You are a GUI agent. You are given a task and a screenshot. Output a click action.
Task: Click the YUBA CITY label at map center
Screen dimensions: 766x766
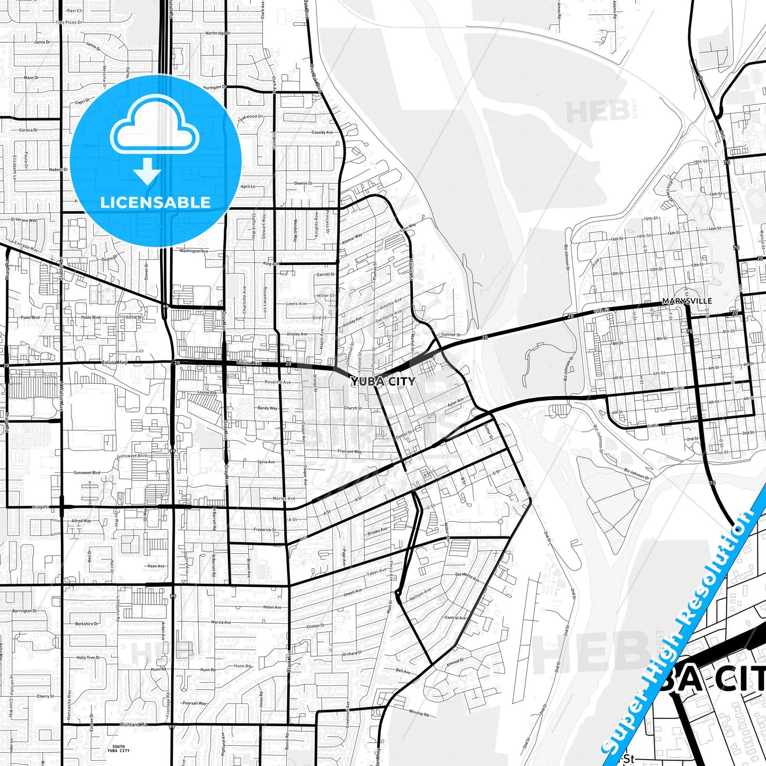point(383,381)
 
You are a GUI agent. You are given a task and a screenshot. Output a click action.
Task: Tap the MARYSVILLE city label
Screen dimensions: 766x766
point(686,301)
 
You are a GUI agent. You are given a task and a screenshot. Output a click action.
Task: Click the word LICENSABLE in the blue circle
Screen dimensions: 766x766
point(155,202)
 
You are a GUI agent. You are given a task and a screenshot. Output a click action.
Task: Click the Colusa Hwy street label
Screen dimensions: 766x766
point(115,363)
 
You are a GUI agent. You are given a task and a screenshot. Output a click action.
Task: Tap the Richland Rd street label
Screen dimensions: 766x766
point(133,724)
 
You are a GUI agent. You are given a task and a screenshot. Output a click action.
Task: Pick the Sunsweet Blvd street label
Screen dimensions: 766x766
point(131,456)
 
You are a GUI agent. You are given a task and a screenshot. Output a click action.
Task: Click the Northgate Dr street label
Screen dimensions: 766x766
point(214,87)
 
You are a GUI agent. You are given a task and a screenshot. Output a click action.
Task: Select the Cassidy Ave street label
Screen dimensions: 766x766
point(322,133)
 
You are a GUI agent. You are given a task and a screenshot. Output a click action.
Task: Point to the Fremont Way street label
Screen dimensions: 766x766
point(349,452)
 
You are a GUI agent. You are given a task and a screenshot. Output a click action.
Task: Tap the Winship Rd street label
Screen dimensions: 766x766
point(419,713)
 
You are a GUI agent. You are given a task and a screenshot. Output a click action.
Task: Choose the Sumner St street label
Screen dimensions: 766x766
point(451,335)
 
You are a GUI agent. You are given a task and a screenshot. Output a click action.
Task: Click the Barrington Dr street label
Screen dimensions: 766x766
point(24,611)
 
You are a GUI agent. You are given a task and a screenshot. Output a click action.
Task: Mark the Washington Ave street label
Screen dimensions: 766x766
point(193,251)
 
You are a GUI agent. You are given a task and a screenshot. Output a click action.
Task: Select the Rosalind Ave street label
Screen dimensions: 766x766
point(278,382)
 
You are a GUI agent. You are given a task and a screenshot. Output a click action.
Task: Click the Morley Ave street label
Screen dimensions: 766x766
point(284,498)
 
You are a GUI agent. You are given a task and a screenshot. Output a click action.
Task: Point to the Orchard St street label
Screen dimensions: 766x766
point(351,653)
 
